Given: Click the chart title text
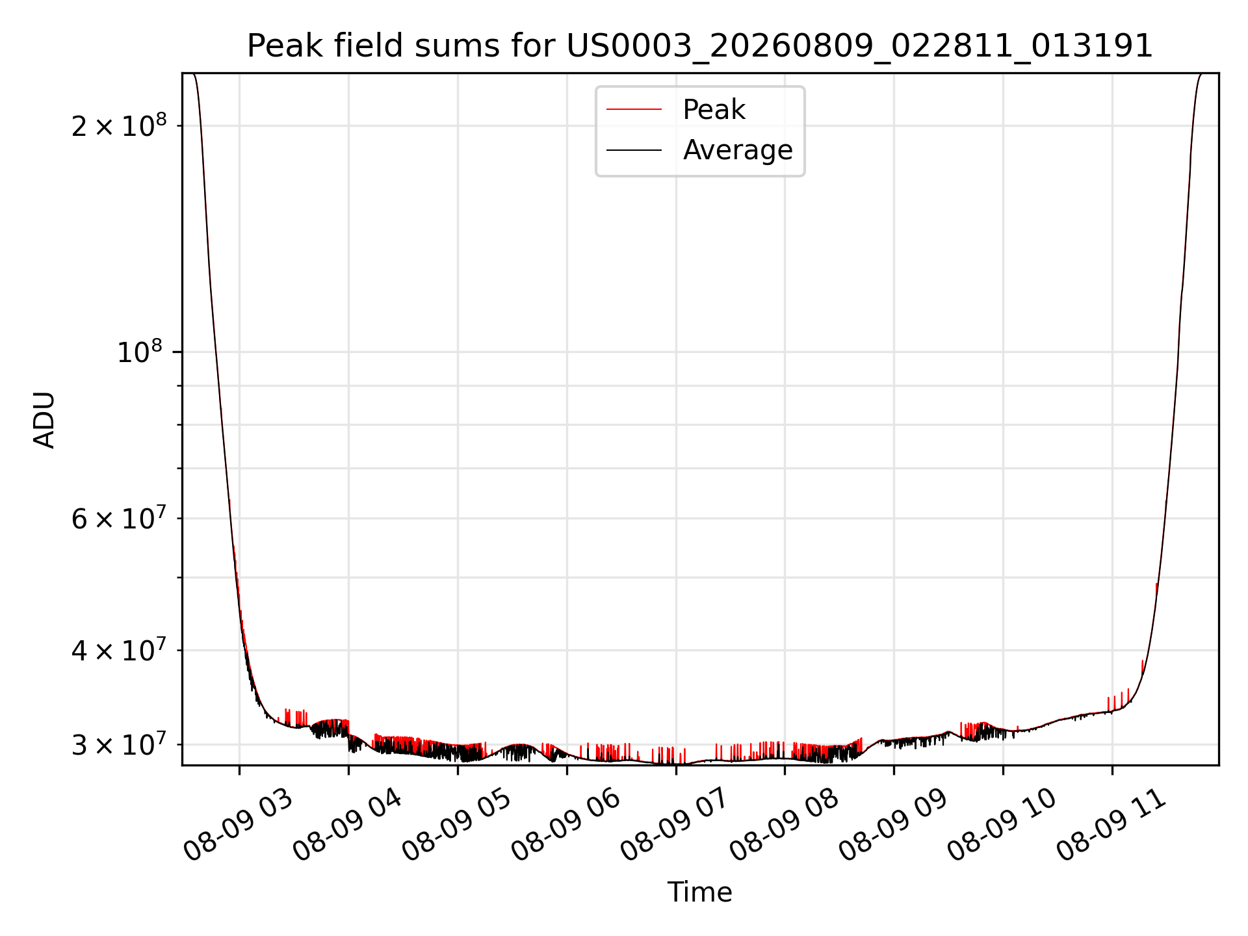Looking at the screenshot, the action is click(700, 47).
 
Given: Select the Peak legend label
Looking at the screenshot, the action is click(714, 110).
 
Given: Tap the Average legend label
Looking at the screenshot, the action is click(738, 150).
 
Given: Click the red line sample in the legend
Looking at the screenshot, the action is click(634, 110).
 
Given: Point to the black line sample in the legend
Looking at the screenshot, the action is click(634, 150).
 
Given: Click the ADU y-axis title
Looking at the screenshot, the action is click(44, 419).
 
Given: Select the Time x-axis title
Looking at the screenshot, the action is click(699, 892).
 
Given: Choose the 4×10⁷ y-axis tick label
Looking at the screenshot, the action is click(119, 649).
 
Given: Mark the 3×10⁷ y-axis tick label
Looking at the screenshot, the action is click(119, 744).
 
